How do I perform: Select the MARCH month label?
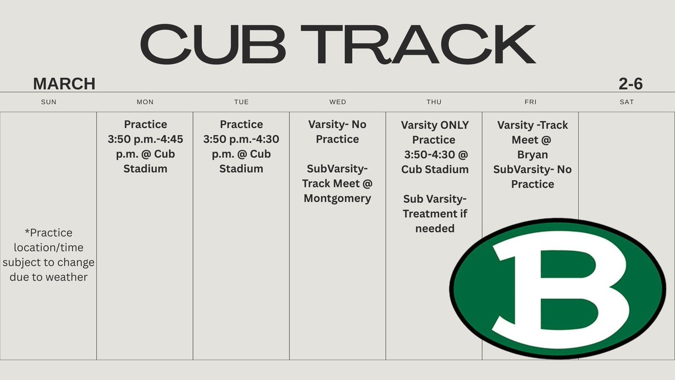point(64,84)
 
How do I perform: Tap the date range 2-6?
point(631,84)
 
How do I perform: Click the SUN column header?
point(49,102)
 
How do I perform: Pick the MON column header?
point(145,102)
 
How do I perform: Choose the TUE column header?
point(241,102)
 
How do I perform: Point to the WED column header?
point(337,102)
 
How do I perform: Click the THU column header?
point(434,102)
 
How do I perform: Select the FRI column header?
point(530,102)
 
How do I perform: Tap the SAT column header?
point(627,102)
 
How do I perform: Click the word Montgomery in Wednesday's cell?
point(337,198)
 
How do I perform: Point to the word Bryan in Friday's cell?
point(533,154)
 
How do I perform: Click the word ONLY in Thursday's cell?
point(450,125)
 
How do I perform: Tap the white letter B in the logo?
point(562,287)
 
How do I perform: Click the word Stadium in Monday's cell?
point(145,169)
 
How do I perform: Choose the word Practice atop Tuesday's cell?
point(241,124)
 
